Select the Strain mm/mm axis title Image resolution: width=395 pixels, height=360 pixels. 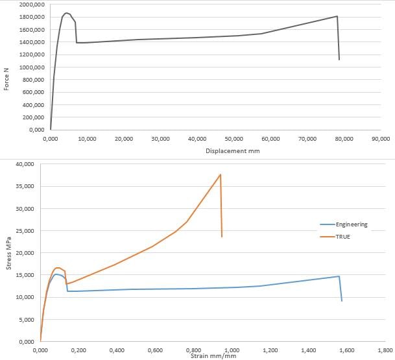tap(212, 355)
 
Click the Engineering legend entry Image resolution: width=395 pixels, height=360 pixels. tap(352, 224)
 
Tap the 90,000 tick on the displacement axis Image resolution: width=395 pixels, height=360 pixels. tap(381, 138)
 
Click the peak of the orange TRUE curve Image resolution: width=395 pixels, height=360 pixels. tap(221, 174)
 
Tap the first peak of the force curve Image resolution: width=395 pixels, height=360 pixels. tap(66, 13)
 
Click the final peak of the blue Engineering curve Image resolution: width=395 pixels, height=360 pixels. tap(339, 276)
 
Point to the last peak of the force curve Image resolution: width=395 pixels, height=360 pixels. tap(337, 16)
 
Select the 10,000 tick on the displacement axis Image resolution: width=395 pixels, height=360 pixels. tap(88, 138)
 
